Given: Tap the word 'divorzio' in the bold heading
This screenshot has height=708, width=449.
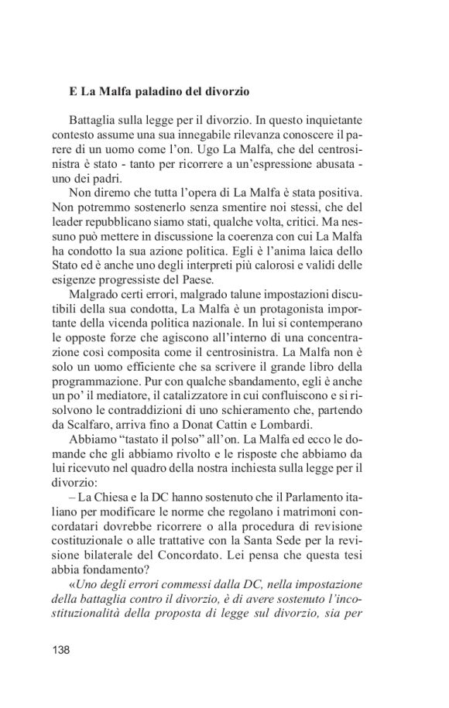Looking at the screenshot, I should coord(226,91).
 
